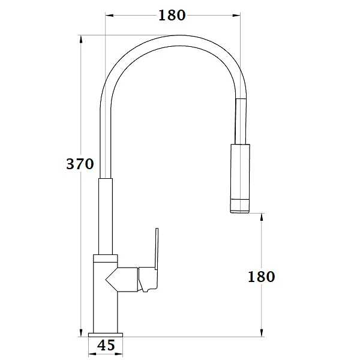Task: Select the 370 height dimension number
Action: (80, 163)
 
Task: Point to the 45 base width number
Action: (106, 345)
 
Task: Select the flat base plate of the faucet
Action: (106, 332)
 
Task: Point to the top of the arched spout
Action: (174, 37)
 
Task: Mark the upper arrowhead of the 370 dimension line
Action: (81, 38)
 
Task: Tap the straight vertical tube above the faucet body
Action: (106, 216)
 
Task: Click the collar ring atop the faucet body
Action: (106, 258)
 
